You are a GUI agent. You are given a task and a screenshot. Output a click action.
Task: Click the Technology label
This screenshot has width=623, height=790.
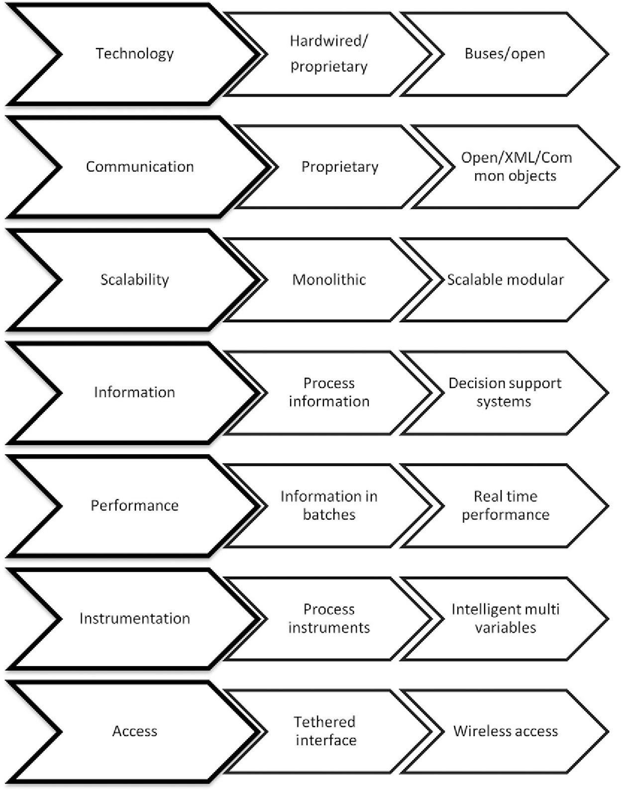tap(134, 54)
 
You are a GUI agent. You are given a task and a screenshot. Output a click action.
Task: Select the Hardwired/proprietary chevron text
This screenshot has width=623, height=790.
tap(329, 54)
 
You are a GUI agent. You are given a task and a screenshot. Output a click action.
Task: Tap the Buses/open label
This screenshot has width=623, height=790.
tap(505, 54)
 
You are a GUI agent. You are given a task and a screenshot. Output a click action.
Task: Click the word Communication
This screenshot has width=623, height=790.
tap(140, 167)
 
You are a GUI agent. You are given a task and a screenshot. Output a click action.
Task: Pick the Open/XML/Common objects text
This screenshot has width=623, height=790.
tap(516, 167)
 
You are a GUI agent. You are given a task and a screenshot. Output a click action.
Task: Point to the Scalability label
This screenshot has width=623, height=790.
tap(134, 280)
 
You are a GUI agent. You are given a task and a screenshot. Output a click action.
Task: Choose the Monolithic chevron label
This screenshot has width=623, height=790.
tap(329, 280)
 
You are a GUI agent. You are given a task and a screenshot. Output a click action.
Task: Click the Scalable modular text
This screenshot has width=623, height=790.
tap(505, 280)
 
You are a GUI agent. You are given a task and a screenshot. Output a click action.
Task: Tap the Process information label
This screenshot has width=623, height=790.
tap(329, 392)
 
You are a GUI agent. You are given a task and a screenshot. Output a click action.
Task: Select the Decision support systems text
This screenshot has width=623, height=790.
tap(505, 392)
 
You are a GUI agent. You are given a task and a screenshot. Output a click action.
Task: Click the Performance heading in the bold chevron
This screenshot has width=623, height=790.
tap(134, 505)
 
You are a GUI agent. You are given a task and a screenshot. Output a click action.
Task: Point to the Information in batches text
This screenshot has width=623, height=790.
tap(329, 505)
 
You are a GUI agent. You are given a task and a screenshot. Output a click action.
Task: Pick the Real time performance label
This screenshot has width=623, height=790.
tap(505, 505)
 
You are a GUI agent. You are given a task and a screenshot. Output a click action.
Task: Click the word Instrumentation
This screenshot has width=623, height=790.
tap(134, 618)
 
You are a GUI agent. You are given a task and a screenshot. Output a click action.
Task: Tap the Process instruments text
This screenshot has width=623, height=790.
tap(329, 618)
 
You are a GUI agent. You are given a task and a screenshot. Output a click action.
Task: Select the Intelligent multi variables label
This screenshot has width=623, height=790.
tap(505, 618)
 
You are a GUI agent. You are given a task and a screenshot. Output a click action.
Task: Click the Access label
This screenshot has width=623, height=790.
tap(134, 731)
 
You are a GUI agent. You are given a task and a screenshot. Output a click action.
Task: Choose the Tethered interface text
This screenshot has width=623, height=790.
tap(326, 731)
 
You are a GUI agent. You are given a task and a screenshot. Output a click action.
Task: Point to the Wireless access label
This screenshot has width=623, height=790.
tap(505, 731)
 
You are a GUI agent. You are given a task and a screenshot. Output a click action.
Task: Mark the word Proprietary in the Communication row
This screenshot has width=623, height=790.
tap(340, 167)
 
